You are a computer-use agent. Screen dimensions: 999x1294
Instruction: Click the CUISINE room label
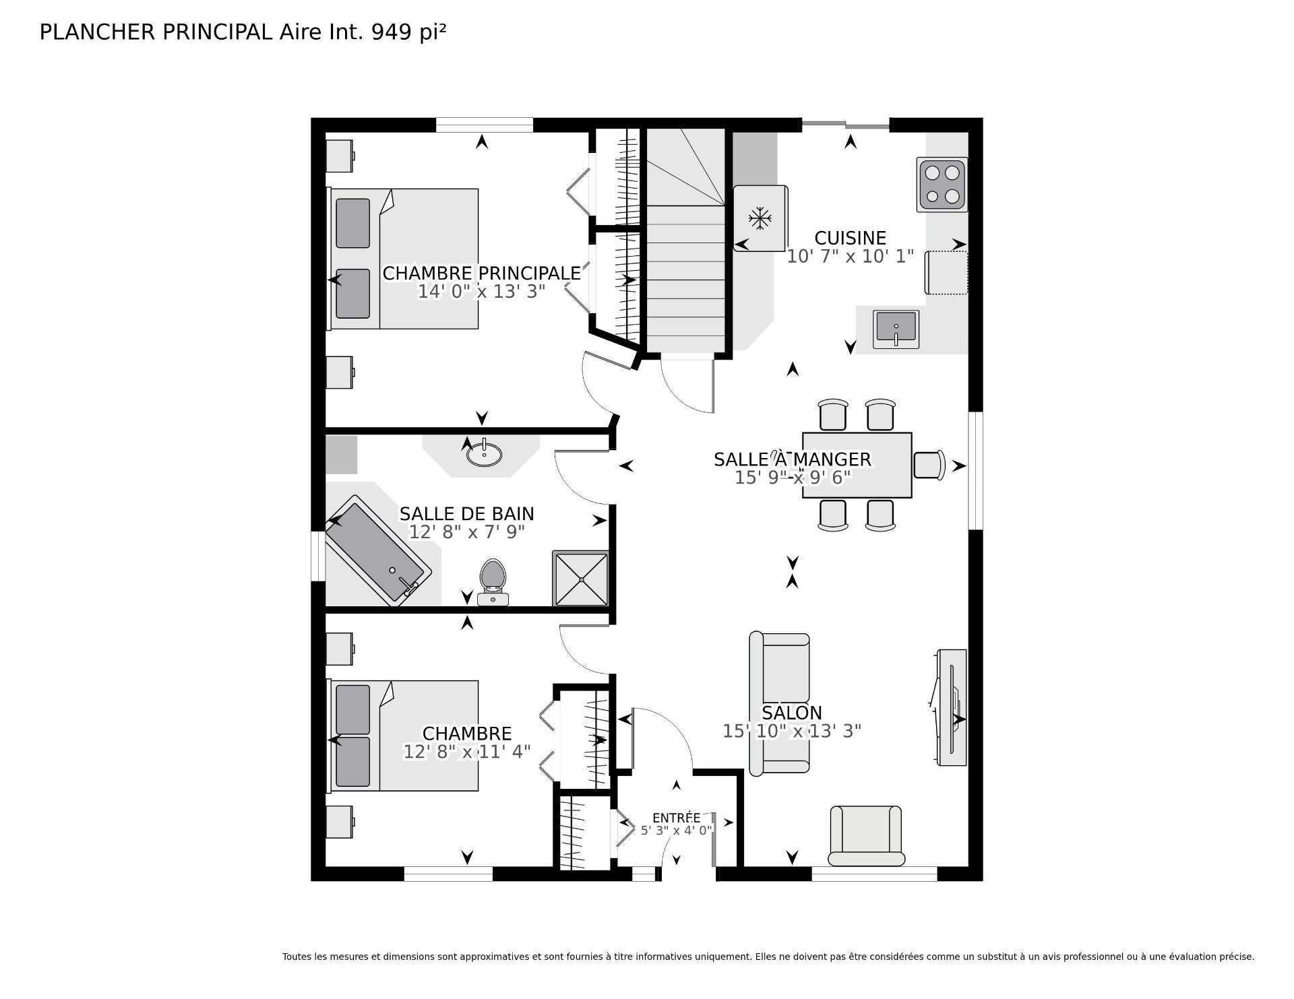(x=850, y=238)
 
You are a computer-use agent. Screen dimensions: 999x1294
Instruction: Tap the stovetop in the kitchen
(x=942, y=185)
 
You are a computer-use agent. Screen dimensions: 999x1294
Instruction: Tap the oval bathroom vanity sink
(x=484, y=455)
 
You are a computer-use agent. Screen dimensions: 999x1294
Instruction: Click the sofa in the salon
(x=779, y=703)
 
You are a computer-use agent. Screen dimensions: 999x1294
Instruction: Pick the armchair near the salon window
(x=865, y=835)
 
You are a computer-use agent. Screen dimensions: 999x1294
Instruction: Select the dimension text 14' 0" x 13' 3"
(x=481, y=291)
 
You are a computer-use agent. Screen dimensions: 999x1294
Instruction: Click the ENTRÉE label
(x=676, y=818)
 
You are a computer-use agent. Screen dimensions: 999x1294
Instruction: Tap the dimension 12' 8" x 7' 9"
(x=467, y=532)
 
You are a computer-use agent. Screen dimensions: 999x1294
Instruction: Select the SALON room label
(x=792, y=713)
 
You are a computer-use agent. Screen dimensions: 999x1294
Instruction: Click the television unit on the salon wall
(x=951, y=707)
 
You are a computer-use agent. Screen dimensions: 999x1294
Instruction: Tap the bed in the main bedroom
(x=404, y=259)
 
